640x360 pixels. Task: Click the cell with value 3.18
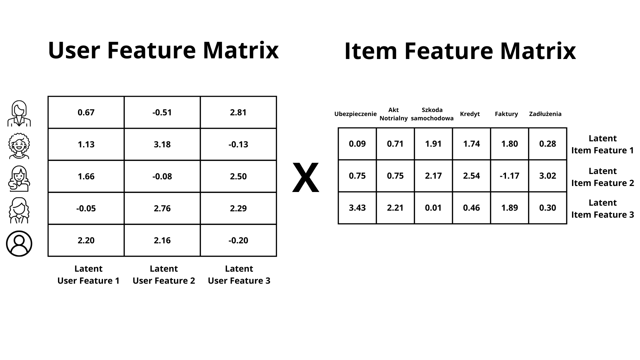tap(162, 144)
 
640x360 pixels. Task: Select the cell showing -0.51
tap(162, 112)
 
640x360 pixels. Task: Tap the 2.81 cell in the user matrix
tap(238, 112)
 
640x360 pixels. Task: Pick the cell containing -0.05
tap(86, 208)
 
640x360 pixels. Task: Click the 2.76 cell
tap(162, 208)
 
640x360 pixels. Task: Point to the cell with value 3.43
tap(357, 208)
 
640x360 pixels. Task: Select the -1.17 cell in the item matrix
tap(510, 176)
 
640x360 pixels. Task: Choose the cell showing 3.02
tap(548, 176)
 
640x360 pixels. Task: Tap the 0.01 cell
tap(433, 208)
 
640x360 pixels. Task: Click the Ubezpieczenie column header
tap(355, 114)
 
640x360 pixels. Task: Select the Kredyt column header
tap(470, 114)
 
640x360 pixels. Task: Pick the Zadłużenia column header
tap(545, 114)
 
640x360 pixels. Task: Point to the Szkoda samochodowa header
tap(432, 114)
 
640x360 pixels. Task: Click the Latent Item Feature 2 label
tap(603, 177)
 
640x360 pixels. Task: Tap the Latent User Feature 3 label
tap(239, 275)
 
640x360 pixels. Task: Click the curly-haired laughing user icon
tap(19, 146)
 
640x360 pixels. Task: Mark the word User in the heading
tap(74, 50)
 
